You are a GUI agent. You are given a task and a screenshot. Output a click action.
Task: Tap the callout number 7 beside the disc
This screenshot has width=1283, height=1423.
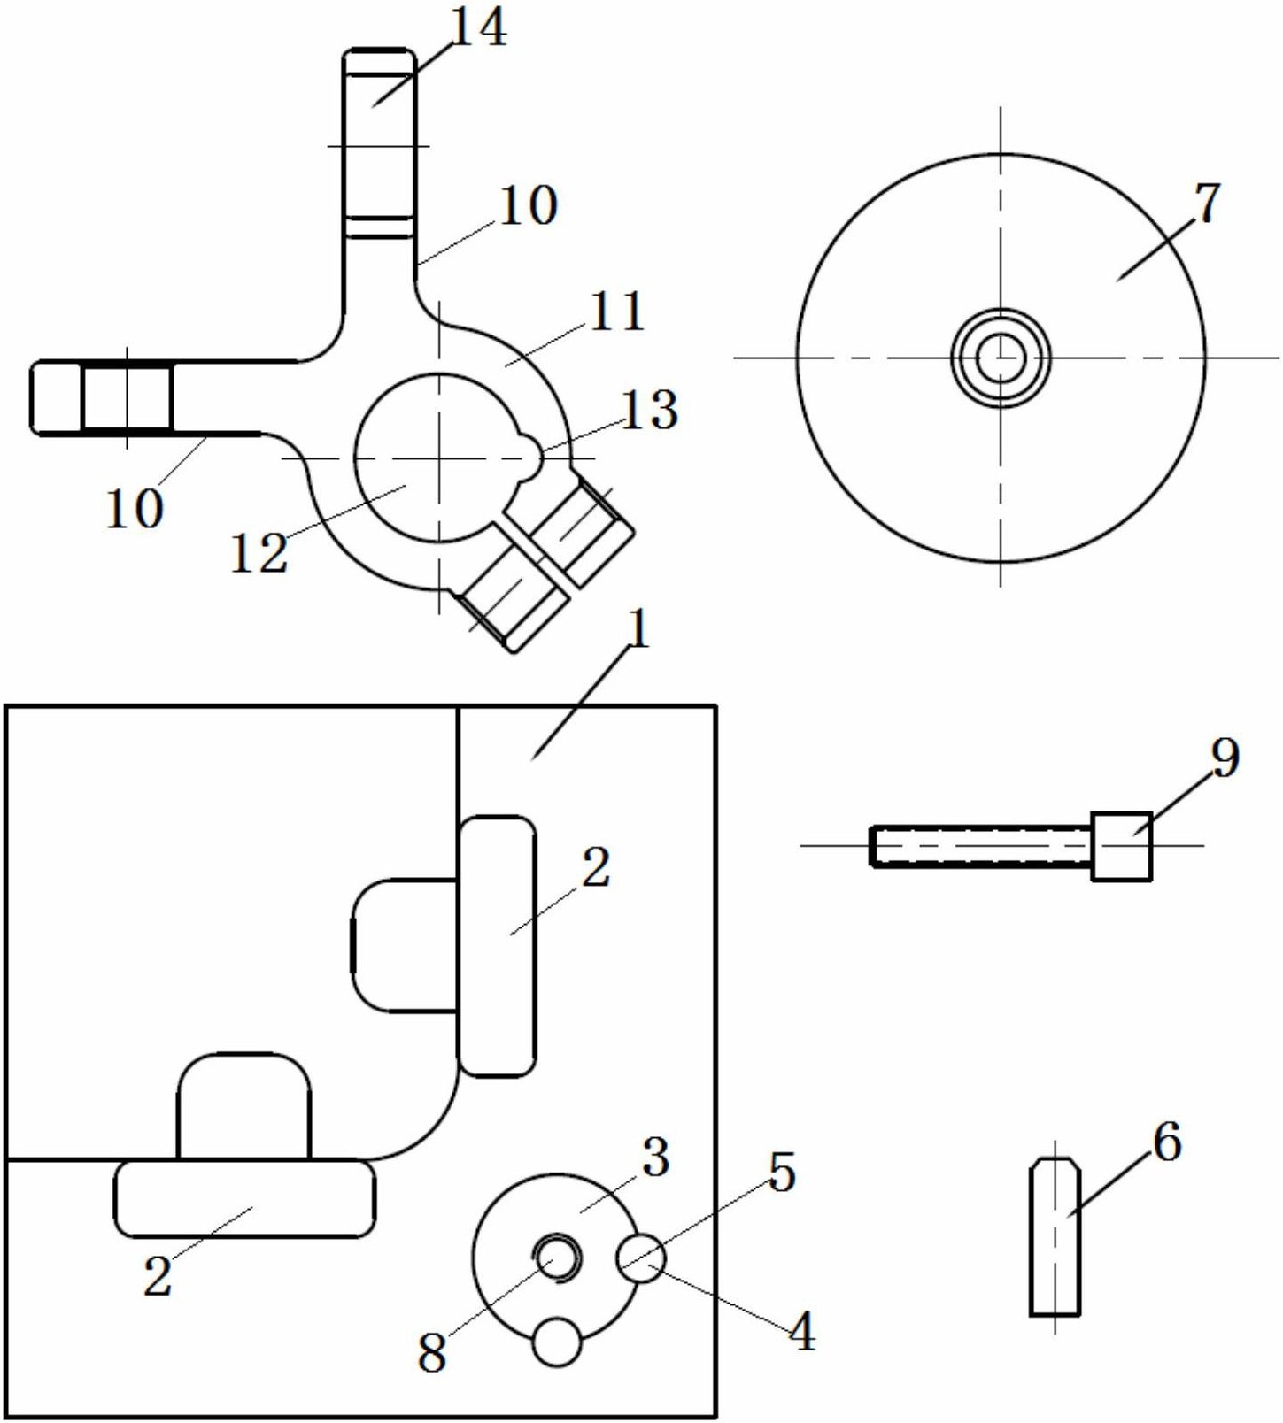[x=1208, y=204]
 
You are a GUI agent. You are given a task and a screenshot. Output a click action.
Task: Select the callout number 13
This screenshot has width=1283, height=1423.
[x=649, y=410]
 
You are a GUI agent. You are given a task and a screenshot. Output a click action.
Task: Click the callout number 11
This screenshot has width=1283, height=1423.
[x=616, y=312]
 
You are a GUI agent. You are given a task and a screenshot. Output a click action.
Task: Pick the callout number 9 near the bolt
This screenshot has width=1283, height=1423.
[x=1225, y=758]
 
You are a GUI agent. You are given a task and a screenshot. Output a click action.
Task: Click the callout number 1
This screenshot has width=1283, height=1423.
[x=638, y=630]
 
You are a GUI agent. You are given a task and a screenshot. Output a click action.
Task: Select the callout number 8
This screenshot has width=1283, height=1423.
[x=431, y=1353]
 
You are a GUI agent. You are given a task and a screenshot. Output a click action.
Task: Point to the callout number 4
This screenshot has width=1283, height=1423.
[x=801, y=1330]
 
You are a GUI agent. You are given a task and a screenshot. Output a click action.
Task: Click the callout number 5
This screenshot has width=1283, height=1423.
[x=782, y=1173]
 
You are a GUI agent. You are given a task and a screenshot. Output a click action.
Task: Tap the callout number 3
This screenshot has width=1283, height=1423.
[x=655, y=1157]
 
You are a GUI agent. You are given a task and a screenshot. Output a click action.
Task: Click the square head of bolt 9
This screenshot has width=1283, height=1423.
[x=1122, y=846]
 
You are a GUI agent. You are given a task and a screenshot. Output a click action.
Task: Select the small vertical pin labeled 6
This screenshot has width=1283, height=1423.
[x=1055, y=1236]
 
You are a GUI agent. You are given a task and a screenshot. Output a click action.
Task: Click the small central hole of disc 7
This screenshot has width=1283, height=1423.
[x=1001, y=358]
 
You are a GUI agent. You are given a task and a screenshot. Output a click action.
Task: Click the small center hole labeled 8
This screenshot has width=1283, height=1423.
[x=557, y=1257]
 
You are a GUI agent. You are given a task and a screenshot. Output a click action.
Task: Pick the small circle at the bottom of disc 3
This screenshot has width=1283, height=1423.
[x=558, y=1342]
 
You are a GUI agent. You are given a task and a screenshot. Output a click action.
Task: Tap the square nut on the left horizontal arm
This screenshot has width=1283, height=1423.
[x=128, y=397]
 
